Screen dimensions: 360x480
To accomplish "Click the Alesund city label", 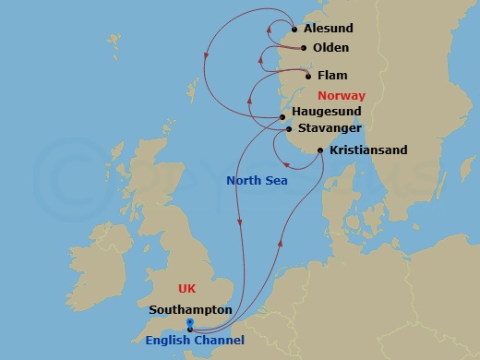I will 328,29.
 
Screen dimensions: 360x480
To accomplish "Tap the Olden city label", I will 331,48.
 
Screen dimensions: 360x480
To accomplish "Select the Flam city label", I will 332,76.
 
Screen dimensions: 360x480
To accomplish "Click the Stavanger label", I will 330,129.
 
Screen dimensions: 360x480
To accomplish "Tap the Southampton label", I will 190,310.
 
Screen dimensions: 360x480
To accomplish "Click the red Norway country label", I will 341,96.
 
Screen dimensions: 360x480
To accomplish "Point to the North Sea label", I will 257,181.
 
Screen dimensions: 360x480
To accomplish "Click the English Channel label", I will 195,341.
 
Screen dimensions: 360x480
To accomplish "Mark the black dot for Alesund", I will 294,30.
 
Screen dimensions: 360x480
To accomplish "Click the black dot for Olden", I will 304,48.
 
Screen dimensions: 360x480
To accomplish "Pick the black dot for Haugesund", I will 282,117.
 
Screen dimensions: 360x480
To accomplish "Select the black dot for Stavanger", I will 289,129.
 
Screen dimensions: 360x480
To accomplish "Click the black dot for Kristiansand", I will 319,150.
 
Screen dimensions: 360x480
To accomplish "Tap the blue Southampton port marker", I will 189,323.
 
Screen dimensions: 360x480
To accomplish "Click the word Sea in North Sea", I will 274,181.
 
